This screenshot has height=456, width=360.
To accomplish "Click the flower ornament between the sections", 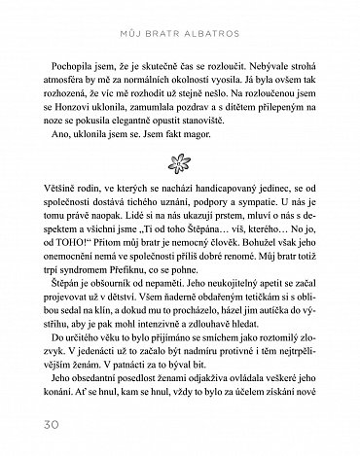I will pos(179,159).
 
